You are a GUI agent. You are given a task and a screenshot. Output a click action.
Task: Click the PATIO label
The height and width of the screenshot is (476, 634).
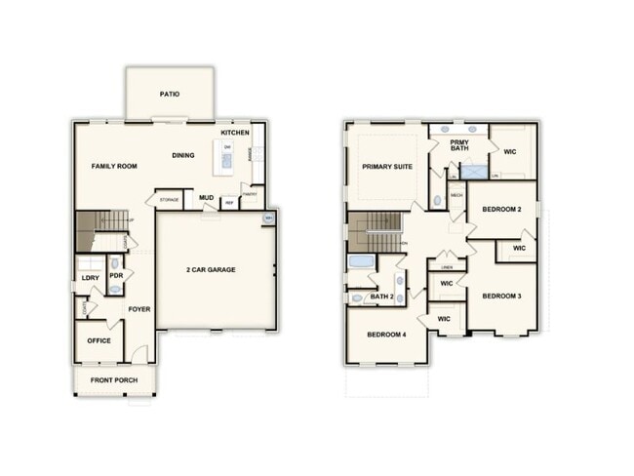tap(170, 95)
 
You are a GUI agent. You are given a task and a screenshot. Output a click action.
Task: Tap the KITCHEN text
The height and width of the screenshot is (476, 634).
tap(235, 133)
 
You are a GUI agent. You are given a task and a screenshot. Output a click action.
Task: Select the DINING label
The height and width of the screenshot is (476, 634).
tap(183, 155)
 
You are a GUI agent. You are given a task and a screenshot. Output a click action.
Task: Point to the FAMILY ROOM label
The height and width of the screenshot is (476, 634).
tap(114, 167)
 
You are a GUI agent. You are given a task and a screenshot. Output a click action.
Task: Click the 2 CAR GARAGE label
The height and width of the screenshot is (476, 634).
tap(212, 269)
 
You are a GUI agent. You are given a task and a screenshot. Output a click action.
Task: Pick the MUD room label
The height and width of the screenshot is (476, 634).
tap(206, 198)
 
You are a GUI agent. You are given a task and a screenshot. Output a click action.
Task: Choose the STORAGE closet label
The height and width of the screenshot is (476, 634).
tap(168, 200)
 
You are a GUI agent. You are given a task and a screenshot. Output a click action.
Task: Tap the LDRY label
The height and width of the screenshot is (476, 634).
tap(90, 278)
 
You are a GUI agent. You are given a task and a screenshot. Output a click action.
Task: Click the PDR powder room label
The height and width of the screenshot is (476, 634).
tap(116, 275)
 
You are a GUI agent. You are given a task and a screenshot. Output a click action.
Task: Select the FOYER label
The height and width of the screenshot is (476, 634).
tap(139, 309)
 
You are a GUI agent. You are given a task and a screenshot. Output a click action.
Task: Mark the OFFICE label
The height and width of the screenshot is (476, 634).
tap(99, 341)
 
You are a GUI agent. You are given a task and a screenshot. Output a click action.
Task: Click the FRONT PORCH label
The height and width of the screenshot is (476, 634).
tap(114, 379)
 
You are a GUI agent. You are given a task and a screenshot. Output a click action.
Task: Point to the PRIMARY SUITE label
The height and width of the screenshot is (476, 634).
tap(387, 167)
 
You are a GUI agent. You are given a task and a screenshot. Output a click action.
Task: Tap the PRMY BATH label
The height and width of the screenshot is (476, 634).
tap(459, 146)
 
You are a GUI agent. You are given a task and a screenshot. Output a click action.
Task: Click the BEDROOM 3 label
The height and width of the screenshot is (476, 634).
tap(503, 296)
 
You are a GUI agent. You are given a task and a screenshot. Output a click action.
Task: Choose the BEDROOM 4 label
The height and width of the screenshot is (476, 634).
tap(386, 335)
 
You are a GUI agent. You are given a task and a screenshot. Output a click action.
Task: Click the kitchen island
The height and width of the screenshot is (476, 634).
tap(227, 154)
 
